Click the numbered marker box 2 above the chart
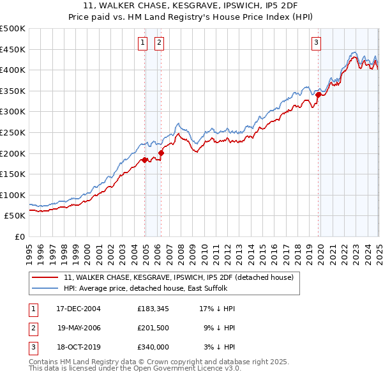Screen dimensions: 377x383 pyautogui.click(x=158, y=43)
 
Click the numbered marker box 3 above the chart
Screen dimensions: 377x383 pyautogui.click(x=316, y=43)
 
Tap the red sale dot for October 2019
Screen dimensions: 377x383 pyautogui.click(x=318, y=95)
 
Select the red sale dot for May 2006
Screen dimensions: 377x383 pyautogui.click(x=161, y=153)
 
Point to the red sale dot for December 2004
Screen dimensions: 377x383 pyautogui.click(x=145, y=160)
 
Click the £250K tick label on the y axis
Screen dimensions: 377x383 pyautogui.click(x=13, y=132)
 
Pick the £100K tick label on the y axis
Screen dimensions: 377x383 pyautogui.click(x=13, y=195)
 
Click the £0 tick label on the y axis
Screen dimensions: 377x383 pyautogui.click(x=19, y=236)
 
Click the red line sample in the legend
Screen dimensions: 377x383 pyautogui.click(x=45, y=277)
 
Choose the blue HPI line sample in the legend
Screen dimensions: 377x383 pyautogui.click(x=45, y=288)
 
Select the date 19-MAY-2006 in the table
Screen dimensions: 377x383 pyautogui.click(x=79, y=328)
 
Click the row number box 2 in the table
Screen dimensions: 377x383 pyautogui.click(x=32, y=328)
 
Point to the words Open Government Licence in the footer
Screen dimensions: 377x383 pyautogui.click(x=166, y=369)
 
